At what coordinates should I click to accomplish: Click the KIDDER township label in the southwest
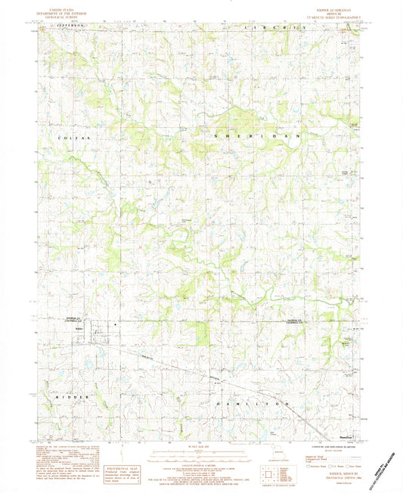tap(73, 395)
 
